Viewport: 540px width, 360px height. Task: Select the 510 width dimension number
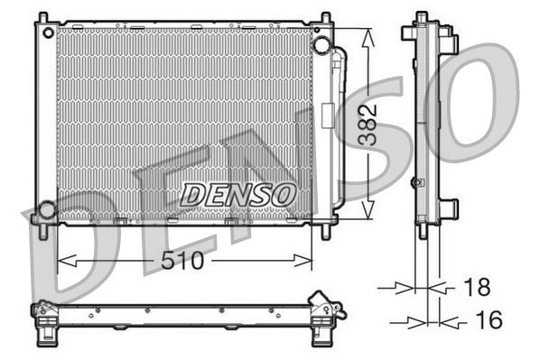pos(184,262)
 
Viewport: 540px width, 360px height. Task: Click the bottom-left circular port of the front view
pos(46,210)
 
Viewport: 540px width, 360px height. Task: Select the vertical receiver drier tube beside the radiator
pos(337,126)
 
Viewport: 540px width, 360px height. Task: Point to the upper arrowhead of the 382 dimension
pos(366,34)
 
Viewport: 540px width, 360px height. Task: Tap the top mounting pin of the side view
pos(421,18)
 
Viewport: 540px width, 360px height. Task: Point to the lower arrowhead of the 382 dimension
pos(366,214)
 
